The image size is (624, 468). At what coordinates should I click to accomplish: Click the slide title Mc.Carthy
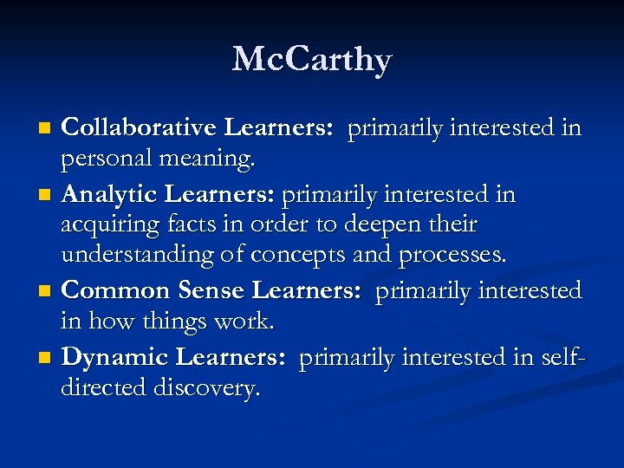[312, 60]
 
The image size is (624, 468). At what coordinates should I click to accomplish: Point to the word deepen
[382, 225]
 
